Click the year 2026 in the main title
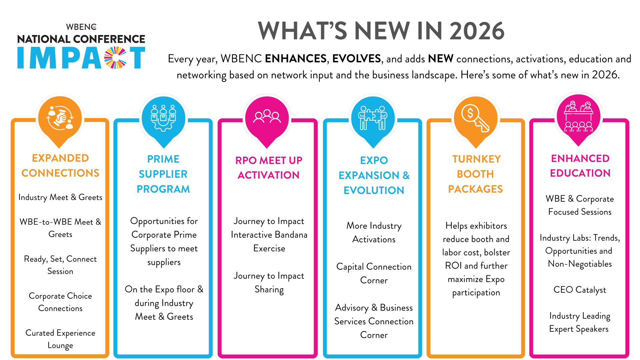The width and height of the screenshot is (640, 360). [x=477, y=31]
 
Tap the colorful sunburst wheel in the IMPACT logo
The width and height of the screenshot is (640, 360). [x=115, y=58]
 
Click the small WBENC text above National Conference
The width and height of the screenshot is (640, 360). [x=81, y=27]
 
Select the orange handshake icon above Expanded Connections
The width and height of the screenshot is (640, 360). [x=60, y=118]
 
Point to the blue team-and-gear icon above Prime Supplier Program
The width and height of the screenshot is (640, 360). [x=163, y=118]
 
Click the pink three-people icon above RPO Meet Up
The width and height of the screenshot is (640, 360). [x=267, y=116]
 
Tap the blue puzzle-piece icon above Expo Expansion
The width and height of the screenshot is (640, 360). [x=373, y=118]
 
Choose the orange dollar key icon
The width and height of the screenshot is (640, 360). [x=476, y=118]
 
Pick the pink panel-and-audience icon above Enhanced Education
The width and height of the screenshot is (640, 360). [x=579, y=117]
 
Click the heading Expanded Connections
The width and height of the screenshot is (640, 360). [x=60, y=165]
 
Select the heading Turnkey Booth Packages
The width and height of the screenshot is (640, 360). [x=476, y=174]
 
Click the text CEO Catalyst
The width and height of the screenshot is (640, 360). [x=580, y=290]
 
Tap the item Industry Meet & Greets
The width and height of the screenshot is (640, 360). [x=60, y=197]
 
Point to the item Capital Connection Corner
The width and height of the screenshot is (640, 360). [x=374, y=273]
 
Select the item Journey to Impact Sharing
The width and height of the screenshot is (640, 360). [x=269, y=282]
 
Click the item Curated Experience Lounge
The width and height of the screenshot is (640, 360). [x=60, y=339]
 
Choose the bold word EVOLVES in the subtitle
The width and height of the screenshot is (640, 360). [x=356, y=59]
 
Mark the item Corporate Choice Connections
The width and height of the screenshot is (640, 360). [x=60, y=302]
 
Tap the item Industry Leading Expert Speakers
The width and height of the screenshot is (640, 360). [x=580, y=322]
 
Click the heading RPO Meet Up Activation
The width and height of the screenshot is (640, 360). [x=269, y=168]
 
